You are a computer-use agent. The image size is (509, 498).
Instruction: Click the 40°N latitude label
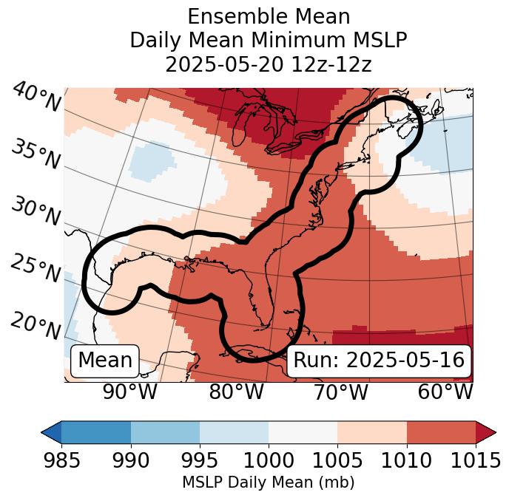pos(36,98)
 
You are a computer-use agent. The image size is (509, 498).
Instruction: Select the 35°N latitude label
pos(36,155)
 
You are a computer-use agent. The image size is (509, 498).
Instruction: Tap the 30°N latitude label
pos(36,213)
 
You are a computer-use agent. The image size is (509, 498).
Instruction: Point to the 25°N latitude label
pos(36,269)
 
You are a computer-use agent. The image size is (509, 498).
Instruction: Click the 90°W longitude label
pos(130,392)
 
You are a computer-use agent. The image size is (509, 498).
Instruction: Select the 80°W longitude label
pos(236,392)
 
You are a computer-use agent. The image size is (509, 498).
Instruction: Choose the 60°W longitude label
pos(445,392)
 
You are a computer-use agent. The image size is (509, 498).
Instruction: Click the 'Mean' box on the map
pos(105,361)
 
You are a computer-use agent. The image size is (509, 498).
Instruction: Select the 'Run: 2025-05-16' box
pos(379,361)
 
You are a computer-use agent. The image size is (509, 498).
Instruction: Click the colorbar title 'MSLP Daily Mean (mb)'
pos(268,482)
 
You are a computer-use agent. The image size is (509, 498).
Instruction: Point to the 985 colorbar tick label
pos(61,461)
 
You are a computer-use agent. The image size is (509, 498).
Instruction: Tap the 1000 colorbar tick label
pos(268,461)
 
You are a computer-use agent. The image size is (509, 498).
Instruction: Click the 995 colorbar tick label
pos(199,461)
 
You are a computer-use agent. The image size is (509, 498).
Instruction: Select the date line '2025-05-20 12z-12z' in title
pos(268,64)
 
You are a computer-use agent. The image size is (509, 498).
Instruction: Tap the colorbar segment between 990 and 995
pos(165,432)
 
